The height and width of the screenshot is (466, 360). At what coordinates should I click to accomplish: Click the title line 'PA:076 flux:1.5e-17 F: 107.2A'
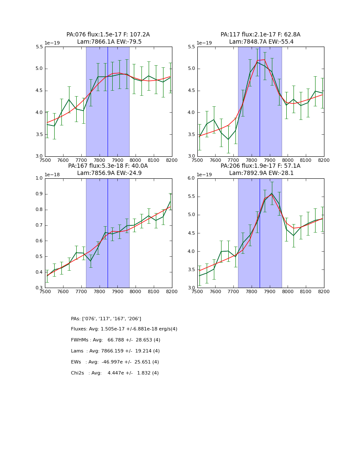(108, 35)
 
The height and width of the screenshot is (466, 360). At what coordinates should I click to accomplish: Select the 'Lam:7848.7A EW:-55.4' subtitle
(261, 42)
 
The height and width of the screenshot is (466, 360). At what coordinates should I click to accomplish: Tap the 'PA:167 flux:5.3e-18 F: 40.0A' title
(108, 166)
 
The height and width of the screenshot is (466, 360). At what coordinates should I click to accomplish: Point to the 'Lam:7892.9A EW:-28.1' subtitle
(261, 173)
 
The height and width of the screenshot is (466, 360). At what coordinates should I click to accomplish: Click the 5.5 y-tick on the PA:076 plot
(39, 47)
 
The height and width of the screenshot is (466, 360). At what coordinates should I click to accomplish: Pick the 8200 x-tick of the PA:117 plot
(324, 160)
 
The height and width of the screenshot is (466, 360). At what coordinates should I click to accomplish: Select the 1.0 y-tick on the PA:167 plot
(39, 178)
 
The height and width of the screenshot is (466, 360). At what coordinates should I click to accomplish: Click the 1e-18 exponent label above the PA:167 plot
(52, 175)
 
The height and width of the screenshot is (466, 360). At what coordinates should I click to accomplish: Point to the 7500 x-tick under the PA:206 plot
(197, 291)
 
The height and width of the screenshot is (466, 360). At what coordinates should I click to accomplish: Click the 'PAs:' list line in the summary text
(106, 319)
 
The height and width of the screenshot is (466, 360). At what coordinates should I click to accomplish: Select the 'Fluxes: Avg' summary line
(124, 329)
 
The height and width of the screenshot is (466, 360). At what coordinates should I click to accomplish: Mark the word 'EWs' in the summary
(76, 362)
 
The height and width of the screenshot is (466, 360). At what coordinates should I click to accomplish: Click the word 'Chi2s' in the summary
(78, 373)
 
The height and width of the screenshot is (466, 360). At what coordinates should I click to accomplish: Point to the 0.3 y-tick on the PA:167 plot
(39, 288)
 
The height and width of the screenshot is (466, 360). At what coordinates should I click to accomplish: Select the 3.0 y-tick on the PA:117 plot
(191, 156)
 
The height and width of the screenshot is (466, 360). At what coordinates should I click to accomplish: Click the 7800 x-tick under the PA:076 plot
(99, 160)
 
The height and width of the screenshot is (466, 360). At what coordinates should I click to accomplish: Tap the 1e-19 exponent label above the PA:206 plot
(205, 175)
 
